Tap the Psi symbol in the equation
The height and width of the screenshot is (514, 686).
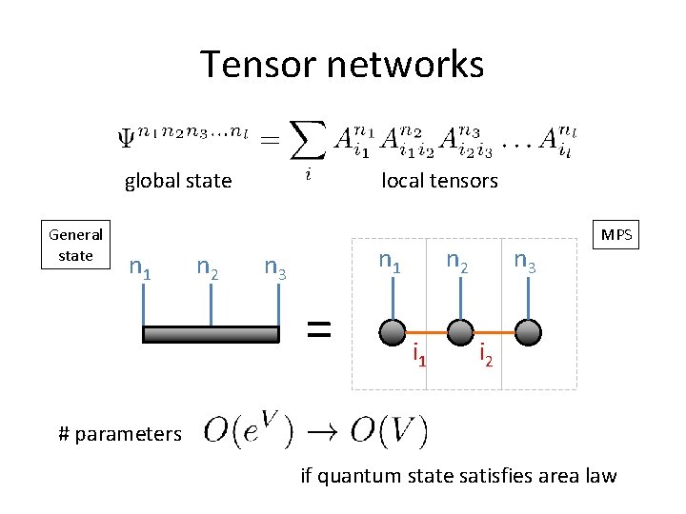[126, 139]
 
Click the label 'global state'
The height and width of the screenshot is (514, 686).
[178, 181]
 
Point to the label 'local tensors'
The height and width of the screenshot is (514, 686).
[439, 181]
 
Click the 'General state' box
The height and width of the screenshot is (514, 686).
[75, 245]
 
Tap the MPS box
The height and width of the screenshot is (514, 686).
[616, 234]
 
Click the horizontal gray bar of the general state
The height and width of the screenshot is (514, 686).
[211, 333]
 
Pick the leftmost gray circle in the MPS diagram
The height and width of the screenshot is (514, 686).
[391, 331]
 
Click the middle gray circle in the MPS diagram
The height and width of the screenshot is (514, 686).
[460, 331]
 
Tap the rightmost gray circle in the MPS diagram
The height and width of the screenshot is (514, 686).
[528, 331]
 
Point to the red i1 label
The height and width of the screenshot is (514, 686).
[418, 356]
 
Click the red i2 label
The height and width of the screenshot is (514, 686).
[486, 354]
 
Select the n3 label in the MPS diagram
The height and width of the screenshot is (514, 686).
[525, 261]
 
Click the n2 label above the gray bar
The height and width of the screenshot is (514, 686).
[208, 270]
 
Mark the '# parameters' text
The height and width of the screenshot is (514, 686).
[119, 434]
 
